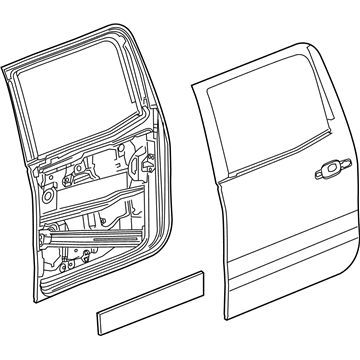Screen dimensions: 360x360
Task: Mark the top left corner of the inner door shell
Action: [5, 67]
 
